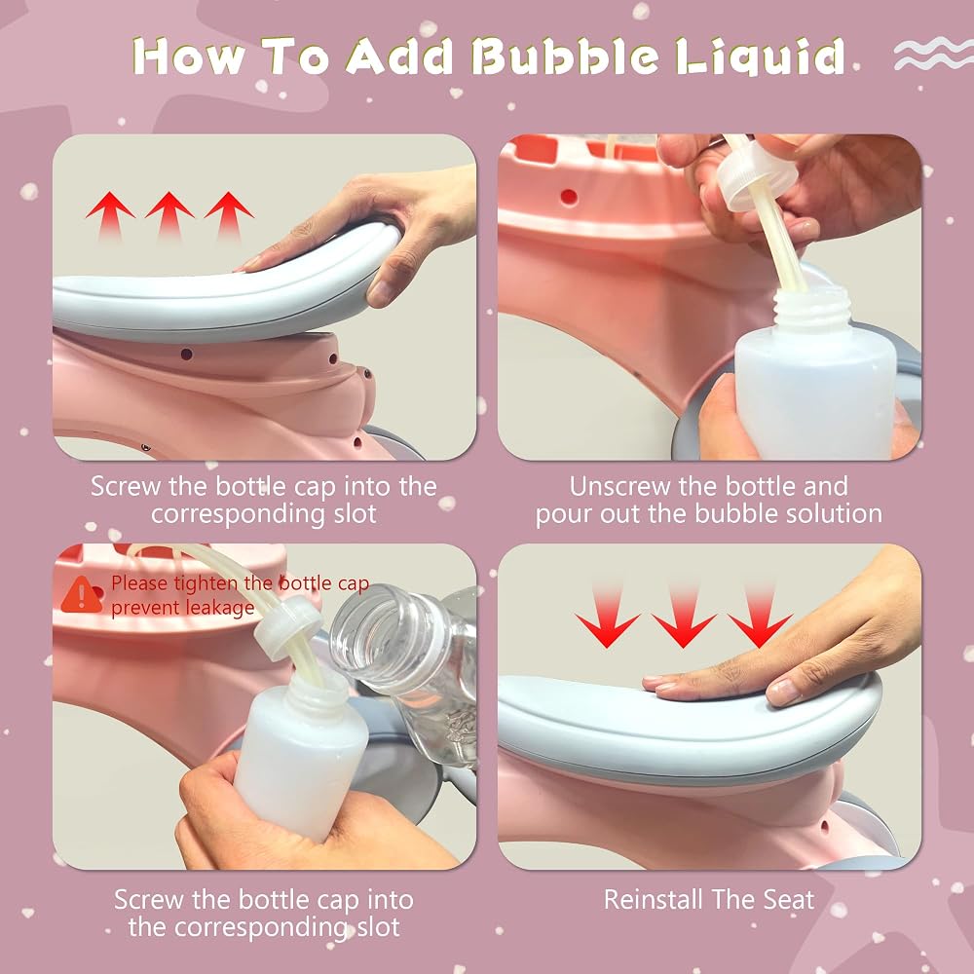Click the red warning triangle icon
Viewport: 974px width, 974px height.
point(81,594)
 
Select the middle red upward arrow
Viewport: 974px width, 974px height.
point(169,215)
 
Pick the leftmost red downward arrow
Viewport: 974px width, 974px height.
point(607,615)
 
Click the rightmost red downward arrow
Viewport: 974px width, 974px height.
point(760,615)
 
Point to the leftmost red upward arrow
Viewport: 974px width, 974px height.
point(110,215)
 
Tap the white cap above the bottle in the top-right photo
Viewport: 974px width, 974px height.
point(756,175)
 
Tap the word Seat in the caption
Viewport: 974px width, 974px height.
point(788,899)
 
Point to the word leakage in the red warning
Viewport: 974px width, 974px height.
point(218,608)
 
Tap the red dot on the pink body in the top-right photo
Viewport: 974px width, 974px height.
point(569,197)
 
